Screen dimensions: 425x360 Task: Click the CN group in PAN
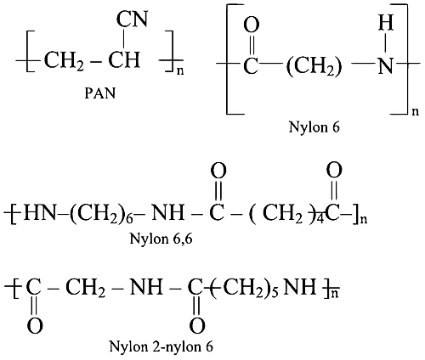[133, 20]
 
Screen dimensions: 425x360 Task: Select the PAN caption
[100, 93]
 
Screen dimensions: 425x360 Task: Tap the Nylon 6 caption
[314, 127]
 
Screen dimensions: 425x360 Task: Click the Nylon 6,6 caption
[161, 239]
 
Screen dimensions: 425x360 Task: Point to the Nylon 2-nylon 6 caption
[161, 346]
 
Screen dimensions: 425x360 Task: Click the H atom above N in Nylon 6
[386, 23]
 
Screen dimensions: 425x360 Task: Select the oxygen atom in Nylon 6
[252, 25]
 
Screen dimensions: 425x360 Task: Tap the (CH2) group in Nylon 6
[314, 68]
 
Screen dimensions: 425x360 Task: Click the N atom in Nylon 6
[386, 66]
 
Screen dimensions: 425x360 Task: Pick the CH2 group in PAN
[65, 60]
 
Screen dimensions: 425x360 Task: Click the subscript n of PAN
[180, 71]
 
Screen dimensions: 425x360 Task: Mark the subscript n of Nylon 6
[415, 111]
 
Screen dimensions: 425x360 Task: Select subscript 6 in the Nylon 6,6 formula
[130, 220]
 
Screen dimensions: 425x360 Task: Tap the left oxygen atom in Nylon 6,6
[218, 171]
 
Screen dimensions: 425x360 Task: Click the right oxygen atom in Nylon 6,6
[334, 171]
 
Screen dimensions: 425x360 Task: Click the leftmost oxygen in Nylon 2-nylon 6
[35, 325]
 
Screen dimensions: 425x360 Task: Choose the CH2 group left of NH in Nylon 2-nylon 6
[86, 289]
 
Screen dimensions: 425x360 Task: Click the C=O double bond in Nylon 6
[252, 45]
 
